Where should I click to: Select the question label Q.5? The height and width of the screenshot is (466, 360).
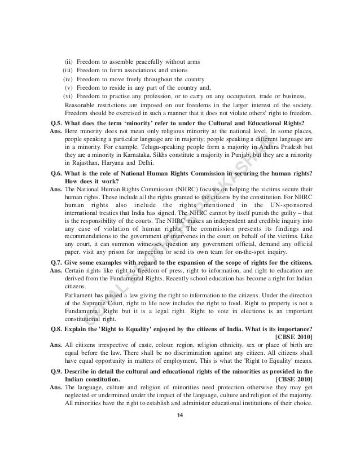[56, 124]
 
